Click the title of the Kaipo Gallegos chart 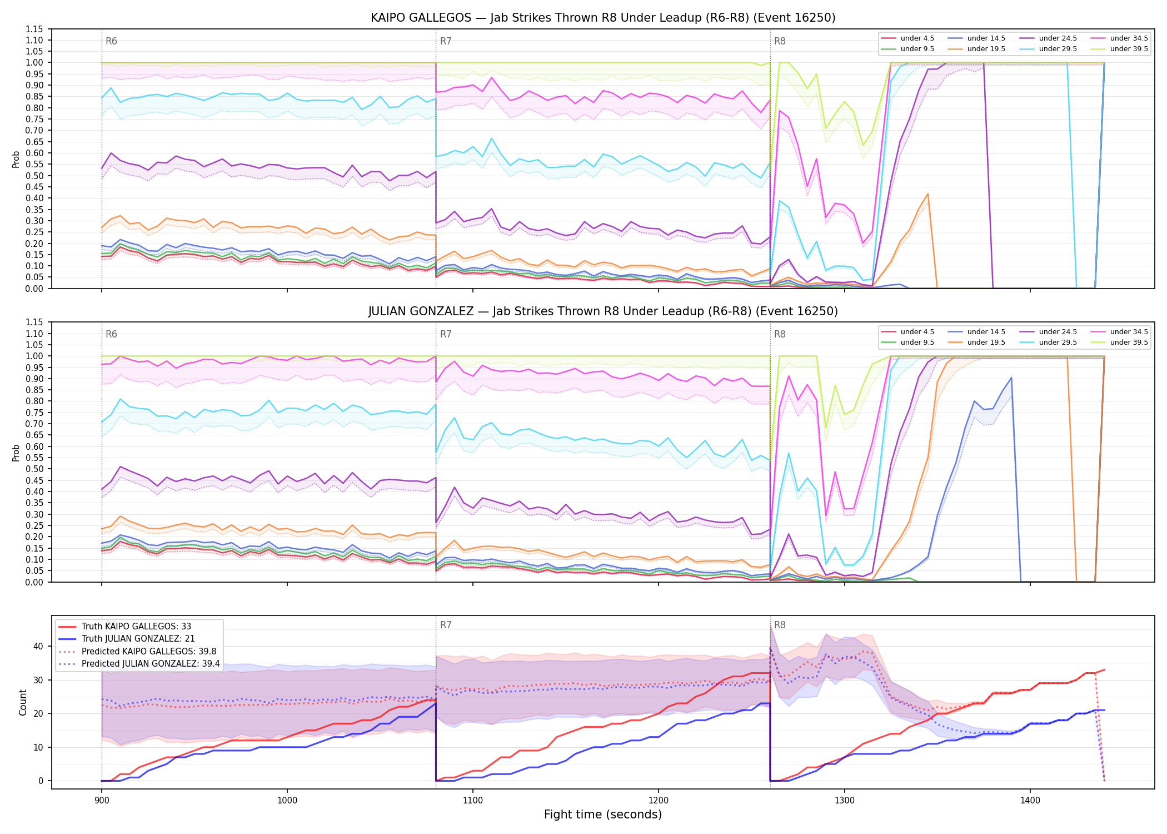603,18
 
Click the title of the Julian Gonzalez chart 603,311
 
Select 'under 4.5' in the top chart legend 917,38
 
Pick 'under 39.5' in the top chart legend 1129,49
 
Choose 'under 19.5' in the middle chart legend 986,342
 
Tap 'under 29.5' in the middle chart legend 1058,342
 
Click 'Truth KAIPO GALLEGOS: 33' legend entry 136,627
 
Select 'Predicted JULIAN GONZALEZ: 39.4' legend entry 151,664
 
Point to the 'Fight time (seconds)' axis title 603,815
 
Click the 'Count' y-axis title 23,702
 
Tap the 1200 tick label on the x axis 659,801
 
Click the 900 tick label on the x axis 101,801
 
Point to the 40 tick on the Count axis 38,646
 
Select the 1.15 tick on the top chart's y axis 34,29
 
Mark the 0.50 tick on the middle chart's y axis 34,469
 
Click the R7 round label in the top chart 446,41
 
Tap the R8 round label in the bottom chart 780,625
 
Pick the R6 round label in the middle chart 111,334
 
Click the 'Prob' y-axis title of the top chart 16,159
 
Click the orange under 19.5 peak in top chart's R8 927,193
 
